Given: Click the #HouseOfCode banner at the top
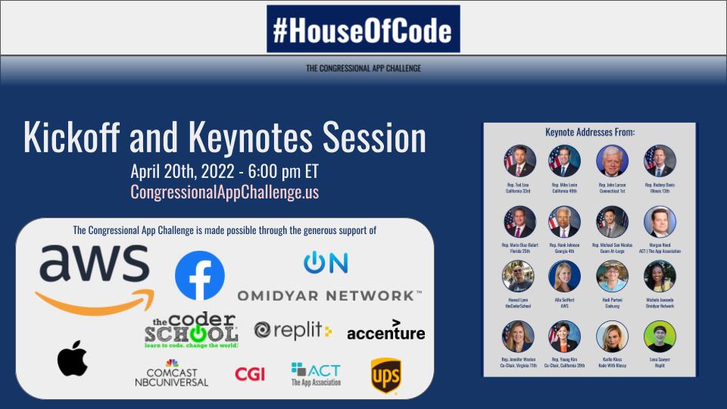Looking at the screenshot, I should pyautogui.click(x=363, y=29).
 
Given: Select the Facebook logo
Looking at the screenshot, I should pyautogui.click(x=200, y=276).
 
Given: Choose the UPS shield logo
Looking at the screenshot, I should pyautogui.click(x=385, y=375).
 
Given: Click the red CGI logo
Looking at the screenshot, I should pyautogui.click(x=250, y=373).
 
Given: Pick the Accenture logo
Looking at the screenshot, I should pyautogui.click(x=385, y=330).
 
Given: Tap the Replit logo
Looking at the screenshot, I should pyautogui.click(x=292, y=330).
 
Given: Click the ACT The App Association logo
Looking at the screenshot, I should pyautogui.click(x=316, y=374).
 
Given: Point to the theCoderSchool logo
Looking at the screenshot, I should pyautogui.click(x=192, y=330).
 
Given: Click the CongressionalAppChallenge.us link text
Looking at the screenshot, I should pyautogui.click(x=225, y=192).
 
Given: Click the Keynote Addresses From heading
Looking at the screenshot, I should pyautogui.click(x=590, y=133).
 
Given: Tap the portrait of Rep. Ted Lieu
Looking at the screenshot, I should pyautogui.click(x=520, y=161).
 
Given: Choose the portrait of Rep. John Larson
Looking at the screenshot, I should pyautogui.click(x=612, y=161).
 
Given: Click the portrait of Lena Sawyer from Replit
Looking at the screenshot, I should pyautogui.click(x=660, y=336).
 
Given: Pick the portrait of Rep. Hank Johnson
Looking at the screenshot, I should pyautogui.click(x=565, y=222).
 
